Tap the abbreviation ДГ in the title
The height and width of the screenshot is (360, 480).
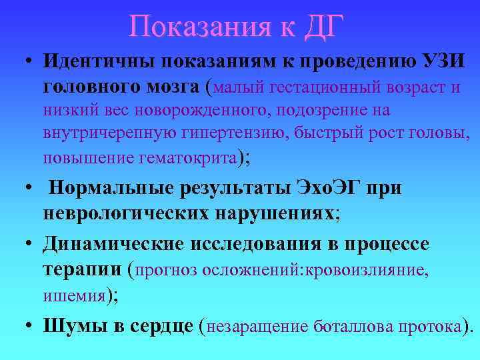(x=323, y=26)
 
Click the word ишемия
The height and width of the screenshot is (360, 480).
(x=75, y=295)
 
